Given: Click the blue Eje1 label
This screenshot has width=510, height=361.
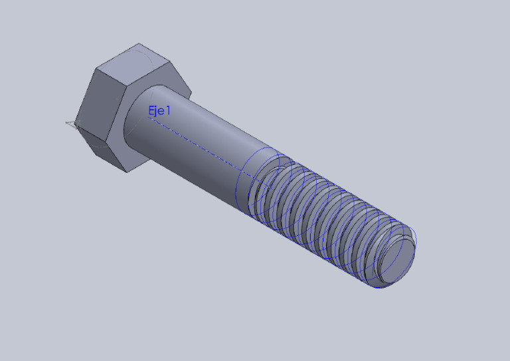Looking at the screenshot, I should click(159, 111).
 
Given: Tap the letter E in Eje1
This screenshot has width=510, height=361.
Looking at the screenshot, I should click(151, 111).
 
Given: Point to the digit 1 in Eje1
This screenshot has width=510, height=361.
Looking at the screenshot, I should click(168, 110).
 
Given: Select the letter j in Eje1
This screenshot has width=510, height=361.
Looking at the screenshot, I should click(157, 112).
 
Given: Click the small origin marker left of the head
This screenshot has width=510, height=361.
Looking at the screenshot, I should click(71, 123).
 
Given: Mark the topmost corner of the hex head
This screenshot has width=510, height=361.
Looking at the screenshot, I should click(140, 44).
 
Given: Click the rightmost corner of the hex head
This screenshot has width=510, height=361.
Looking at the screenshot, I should click(192, 93).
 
